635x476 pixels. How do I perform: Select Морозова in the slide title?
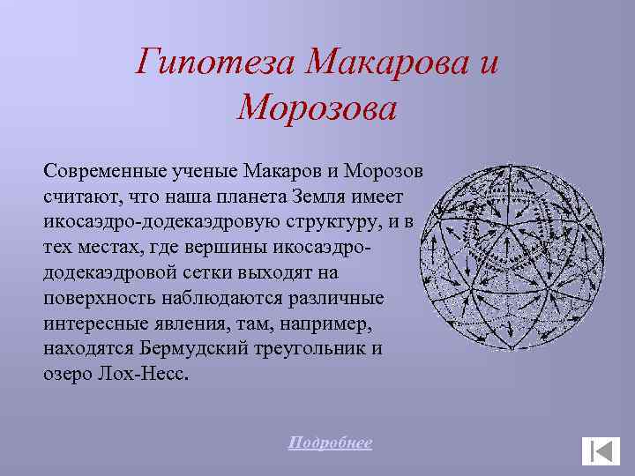(x=317, y=109)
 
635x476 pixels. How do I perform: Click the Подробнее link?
(x=330, y=443)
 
